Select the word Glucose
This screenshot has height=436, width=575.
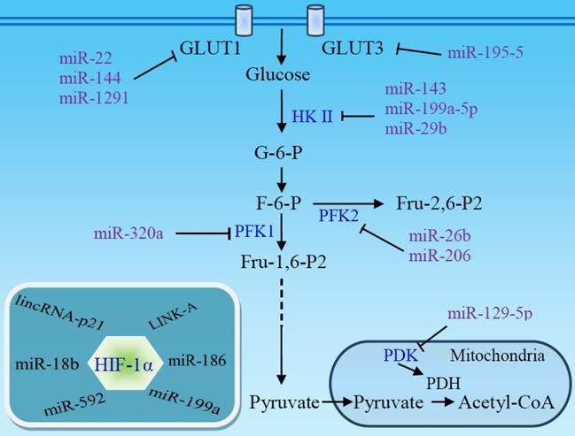point(278,75)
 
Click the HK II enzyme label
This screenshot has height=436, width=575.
point(312,116)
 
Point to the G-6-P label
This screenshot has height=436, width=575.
point(280,155)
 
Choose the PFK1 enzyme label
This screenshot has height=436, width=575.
point(253,232)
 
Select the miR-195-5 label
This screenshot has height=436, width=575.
point(489,53)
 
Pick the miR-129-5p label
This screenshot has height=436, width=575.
point(490,313)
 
